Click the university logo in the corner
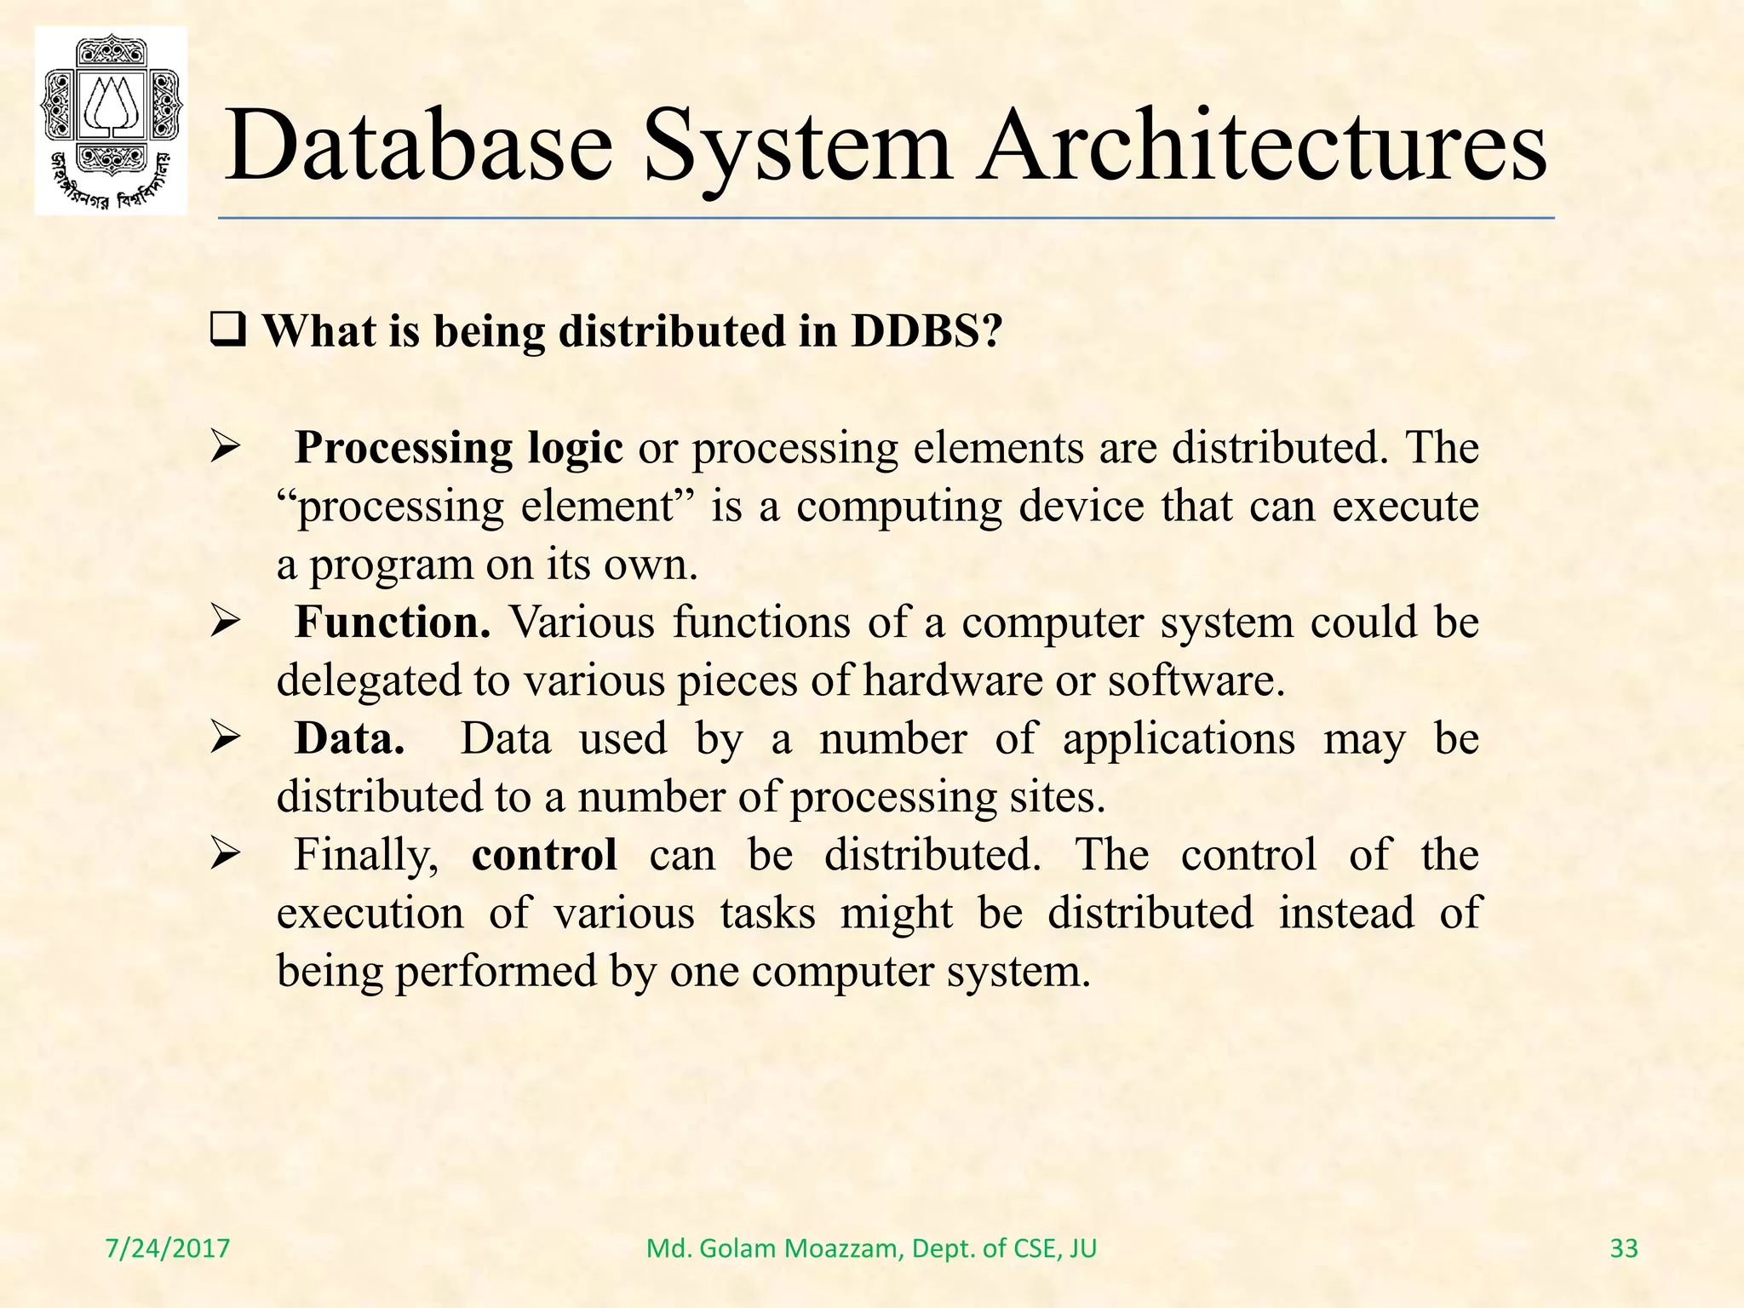[111, 121]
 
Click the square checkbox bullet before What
[227, 330]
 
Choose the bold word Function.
[393, 622]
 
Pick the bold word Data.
[349, 738]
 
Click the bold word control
[544, 855]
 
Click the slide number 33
[1624, 1248]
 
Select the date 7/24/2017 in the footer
[168, 1248]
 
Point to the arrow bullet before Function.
[227, 622]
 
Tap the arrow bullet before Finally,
[227, 854]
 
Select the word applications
[1179, 738]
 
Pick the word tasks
[767, 913]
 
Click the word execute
[1405, 507]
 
